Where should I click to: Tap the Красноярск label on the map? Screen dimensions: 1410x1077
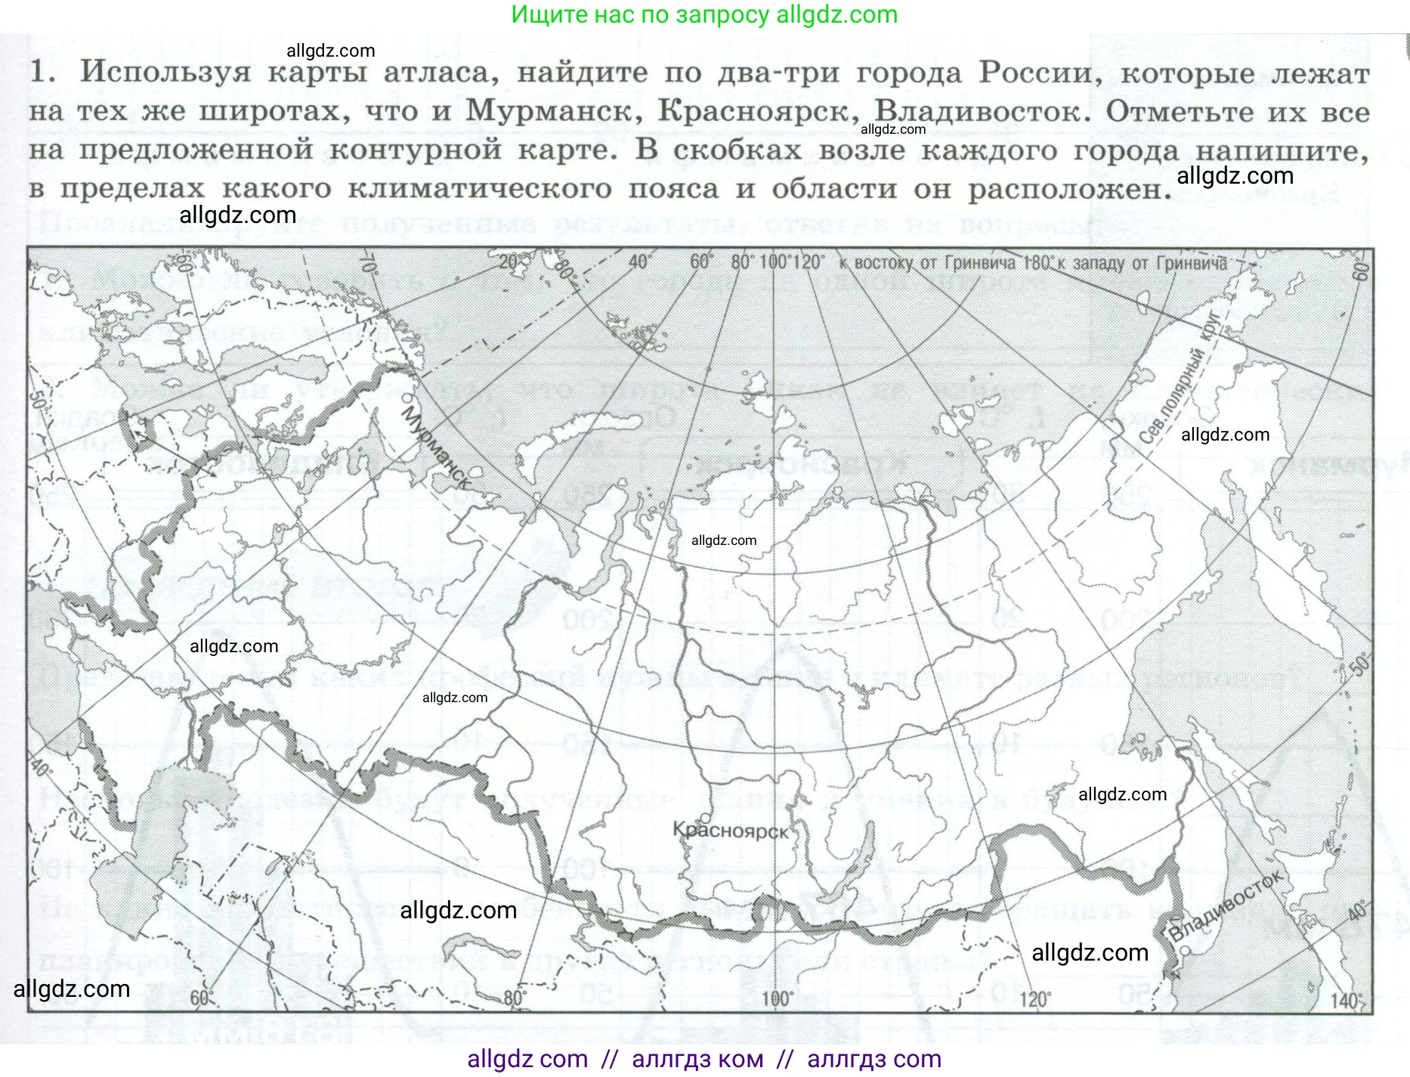click(x=731, y=831)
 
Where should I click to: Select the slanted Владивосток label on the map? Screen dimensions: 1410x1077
click(x=1226, y=905)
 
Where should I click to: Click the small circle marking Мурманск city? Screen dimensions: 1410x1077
click(x=407, y=396)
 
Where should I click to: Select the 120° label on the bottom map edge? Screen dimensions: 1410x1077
click(x=1034, y=999)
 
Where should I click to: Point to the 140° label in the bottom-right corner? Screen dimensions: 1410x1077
click(x=1347, y=1001)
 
